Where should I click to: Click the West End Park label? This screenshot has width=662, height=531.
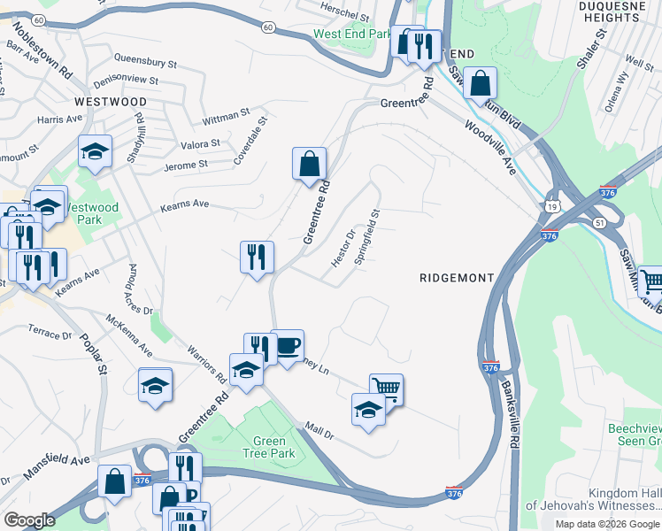tap(351, 35)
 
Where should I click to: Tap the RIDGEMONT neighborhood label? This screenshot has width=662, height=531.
tap(456, 278)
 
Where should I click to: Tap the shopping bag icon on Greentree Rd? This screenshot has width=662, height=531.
tap(309, 164)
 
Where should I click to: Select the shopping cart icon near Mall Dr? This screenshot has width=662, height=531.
tap(386, 389)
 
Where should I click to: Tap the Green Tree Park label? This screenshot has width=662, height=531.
tap(269, 448)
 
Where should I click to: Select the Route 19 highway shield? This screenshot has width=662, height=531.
tap(553, 205)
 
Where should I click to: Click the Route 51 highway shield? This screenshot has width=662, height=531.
tap(602, 223)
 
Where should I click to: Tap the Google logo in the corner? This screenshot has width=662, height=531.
tap(29, 519)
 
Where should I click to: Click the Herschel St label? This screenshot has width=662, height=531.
tap(344, 16)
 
